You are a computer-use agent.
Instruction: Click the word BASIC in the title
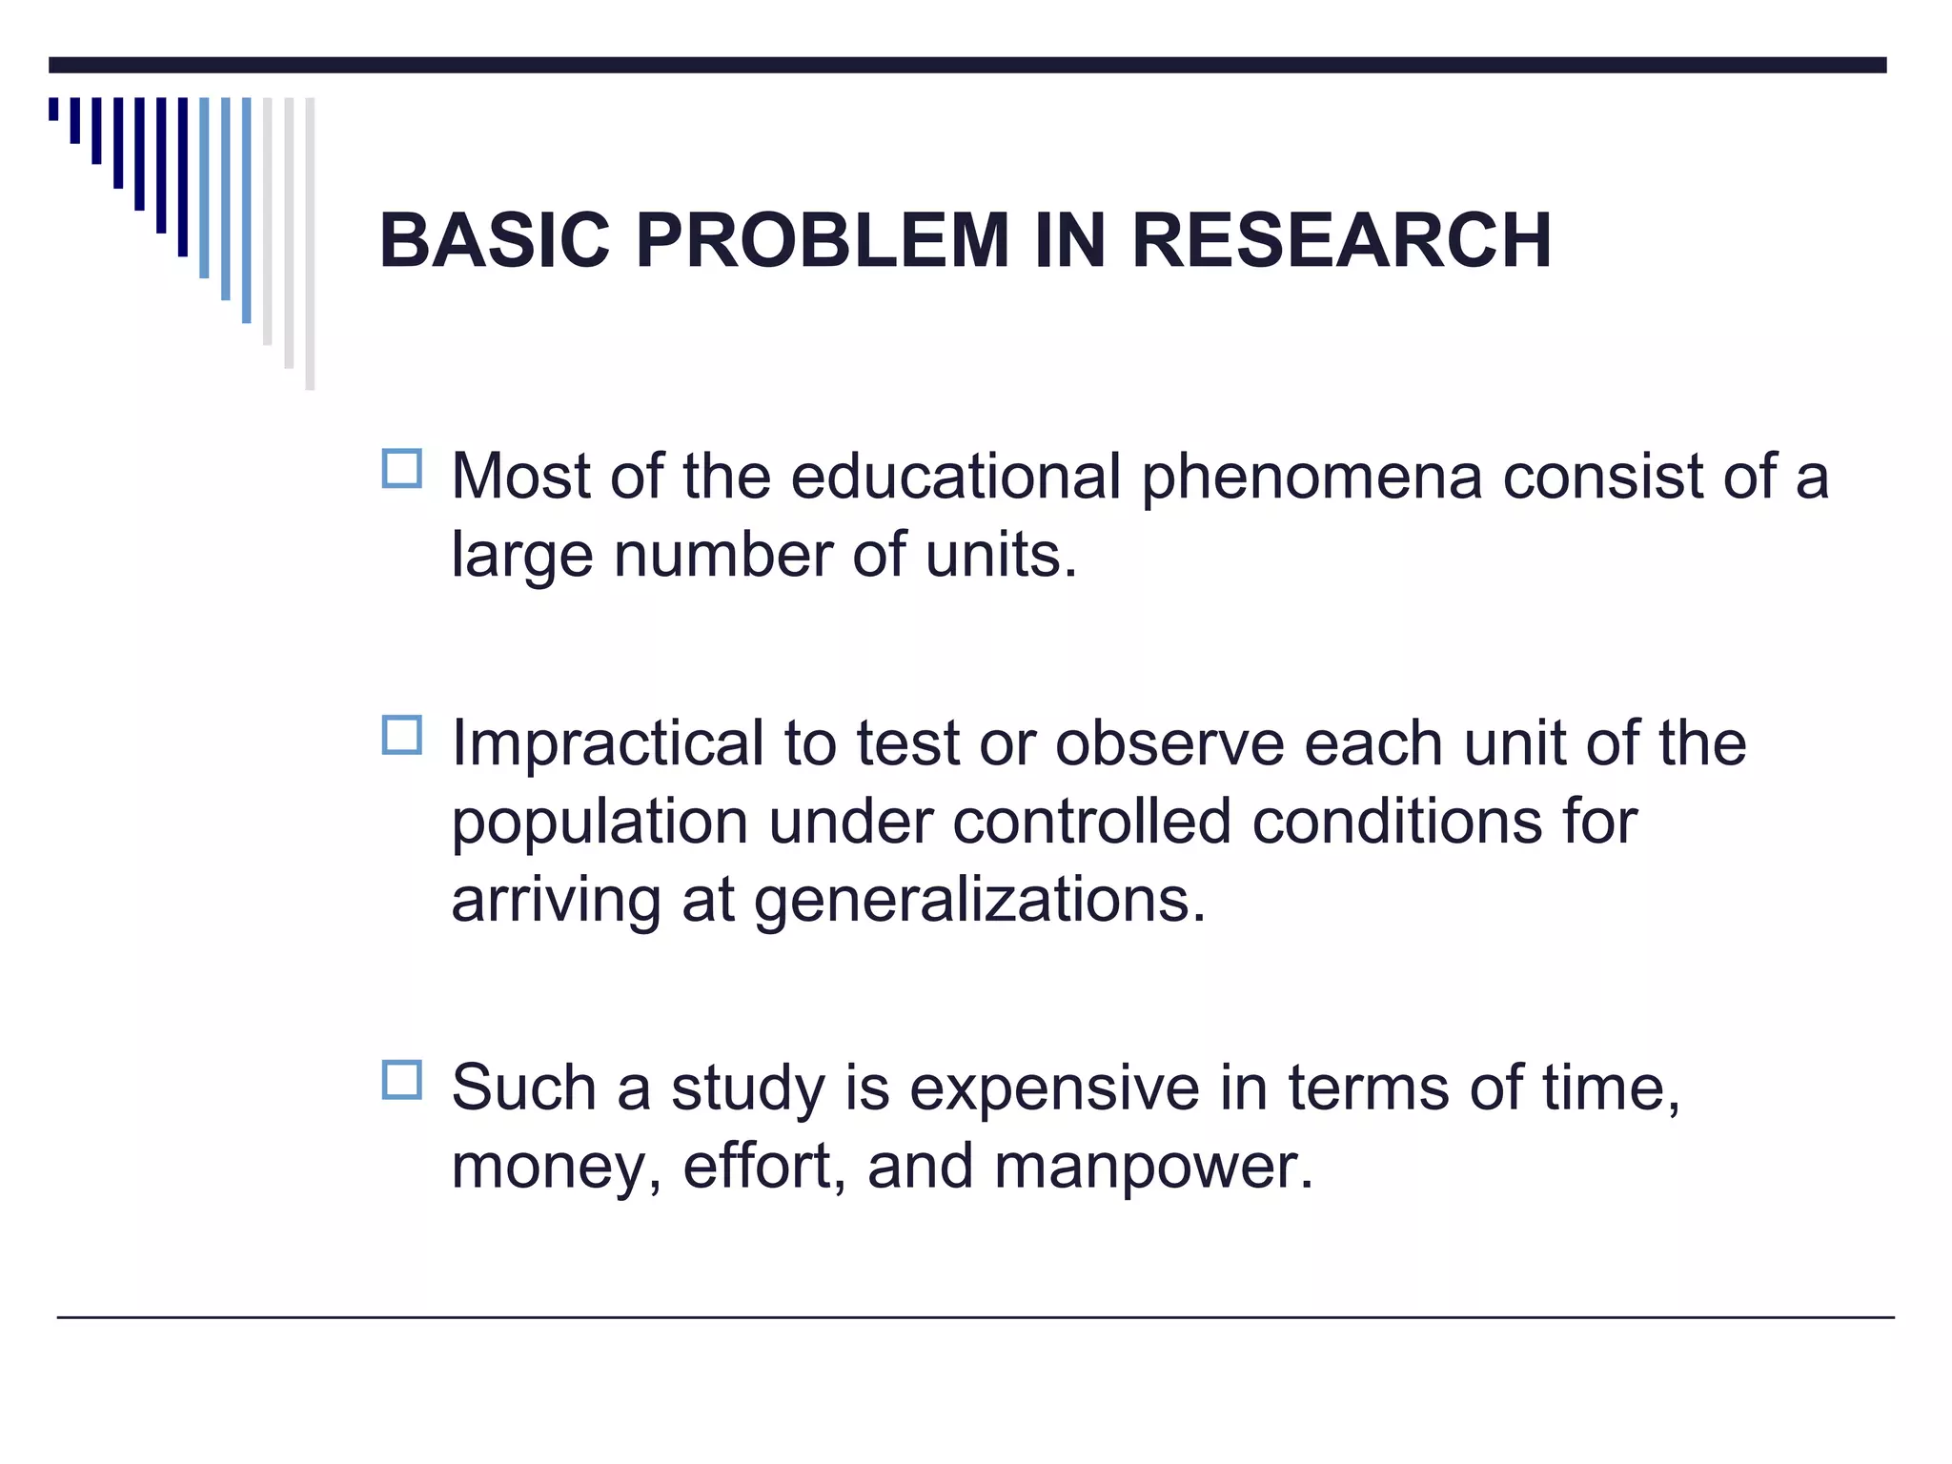click(494, 240)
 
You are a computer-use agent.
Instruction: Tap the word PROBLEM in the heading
click(822, 240)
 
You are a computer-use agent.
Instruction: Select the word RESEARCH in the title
click(1342, 240)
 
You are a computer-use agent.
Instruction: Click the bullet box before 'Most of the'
click(401, 469)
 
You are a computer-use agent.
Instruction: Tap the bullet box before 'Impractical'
click(401, 736)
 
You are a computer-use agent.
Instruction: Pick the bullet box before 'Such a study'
click(401, 1080)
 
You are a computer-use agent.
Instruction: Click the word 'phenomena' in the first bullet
click(1311, 477)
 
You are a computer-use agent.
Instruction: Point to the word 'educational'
click(955, 477)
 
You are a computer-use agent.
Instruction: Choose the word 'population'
click(600, 822)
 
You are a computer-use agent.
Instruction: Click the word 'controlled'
click(1091, 822)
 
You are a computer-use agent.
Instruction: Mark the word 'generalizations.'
click(980, 900)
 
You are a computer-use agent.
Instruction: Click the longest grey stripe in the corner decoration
click(310, 243)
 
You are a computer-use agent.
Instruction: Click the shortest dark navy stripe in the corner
click(53, 109)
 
